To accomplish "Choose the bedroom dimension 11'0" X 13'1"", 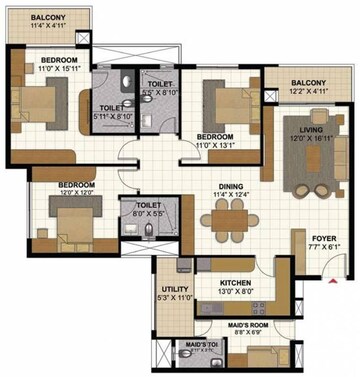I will [214, 144].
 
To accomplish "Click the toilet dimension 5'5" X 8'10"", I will [159, 90].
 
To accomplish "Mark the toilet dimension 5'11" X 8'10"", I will [116, 117].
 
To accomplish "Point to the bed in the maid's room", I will [262, 355].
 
